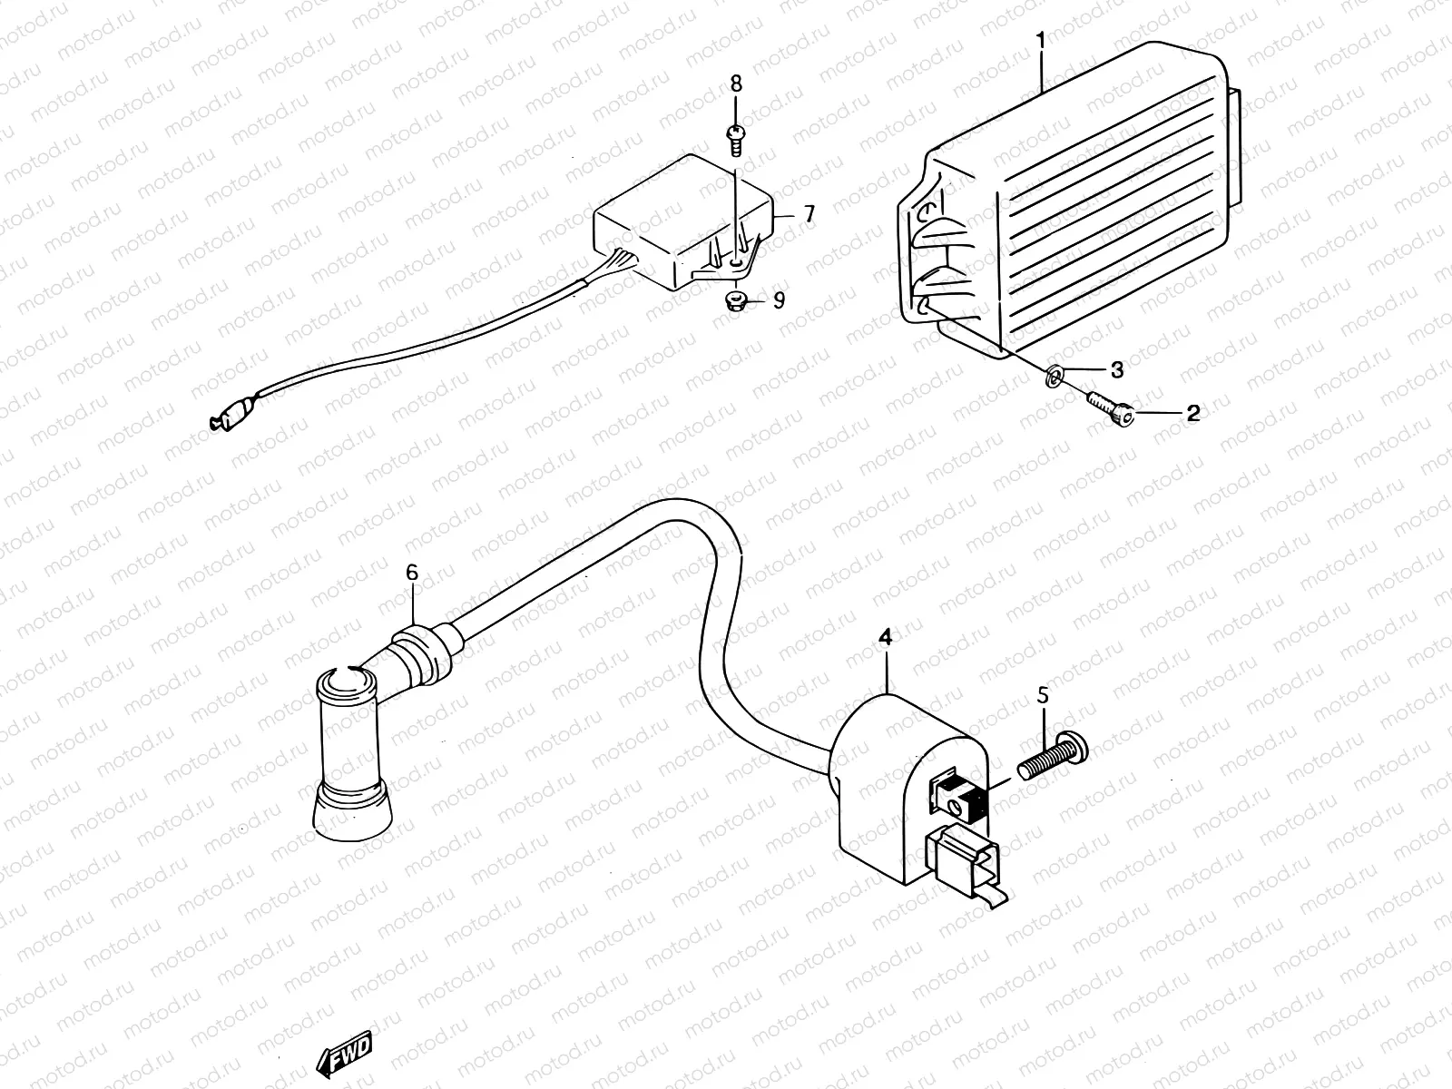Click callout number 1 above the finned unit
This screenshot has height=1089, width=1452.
click(x=1040, y=41)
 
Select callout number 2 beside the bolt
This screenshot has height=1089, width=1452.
click(x=1192, y=414)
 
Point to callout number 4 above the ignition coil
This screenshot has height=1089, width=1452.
click(x=885, y=638)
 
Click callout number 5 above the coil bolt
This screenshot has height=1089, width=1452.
click(x=1043, y=696)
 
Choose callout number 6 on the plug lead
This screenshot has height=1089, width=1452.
click(x=412, y=573)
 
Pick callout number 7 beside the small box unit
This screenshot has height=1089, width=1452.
click(x=809, y=215)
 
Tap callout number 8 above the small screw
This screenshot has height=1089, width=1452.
click(x=736, y=83)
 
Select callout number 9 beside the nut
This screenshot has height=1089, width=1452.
click(x=779, y=300)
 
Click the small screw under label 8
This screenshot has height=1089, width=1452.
click(x=735, y=137)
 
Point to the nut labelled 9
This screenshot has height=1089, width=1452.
click(x=736, y=300)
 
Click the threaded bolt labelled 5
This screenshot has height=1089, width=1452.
click(x=1053, y=759)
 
